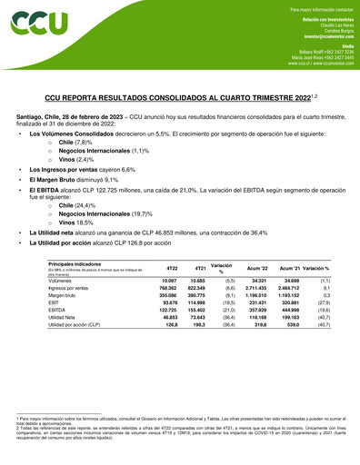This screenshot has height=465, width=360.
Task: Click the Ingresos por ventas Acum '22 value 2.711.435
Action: pyautogui.click(x=255, y=291)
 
